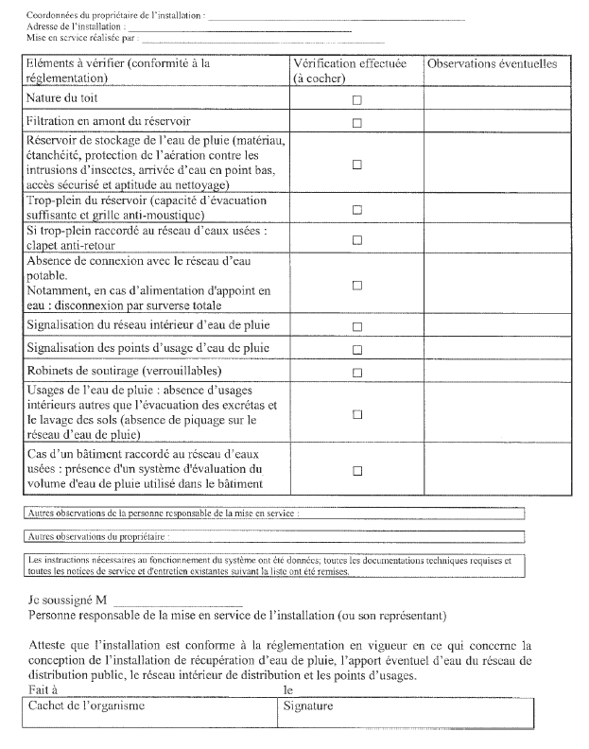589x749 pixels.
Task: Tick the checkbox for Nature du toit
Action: pos(357,99)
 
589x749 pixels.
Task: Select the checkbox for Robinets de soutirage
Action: pos(357,372)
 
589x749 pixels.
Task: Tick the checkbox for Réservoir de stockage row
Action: pos(357,164)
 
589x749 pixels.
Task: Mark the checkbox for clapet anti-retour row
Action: pos(357,239)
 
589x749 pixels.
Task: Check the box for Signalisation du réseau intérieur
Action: pos(357,326)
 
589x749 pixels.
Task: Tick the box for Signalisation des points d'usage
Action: pos(357,349)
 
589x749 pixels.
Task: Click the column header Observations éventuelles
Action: pos(492,64)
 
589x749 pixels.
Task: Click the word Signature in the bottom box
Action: pos(308,705)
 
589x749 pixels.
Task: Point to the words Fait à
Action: pos(43,690)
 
